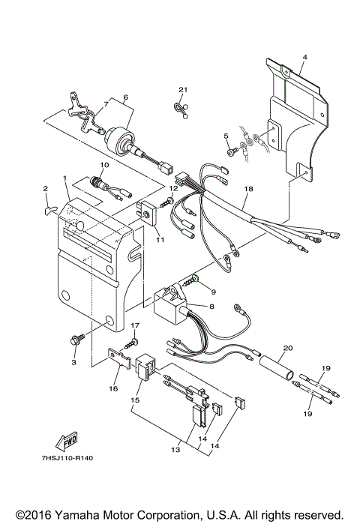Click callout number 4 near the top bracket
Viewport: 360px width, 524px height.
(304, 56)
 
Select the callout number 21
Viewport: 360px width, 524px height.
(180, 91)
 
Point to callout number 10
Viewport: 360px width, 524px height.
(103, 164)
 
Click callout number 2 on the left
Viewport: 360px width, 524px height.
(45, 189)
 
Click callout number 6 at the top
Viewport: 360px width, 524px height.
(125, 97)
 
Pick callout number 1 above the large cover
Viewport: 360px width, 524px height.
(65, 179)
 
